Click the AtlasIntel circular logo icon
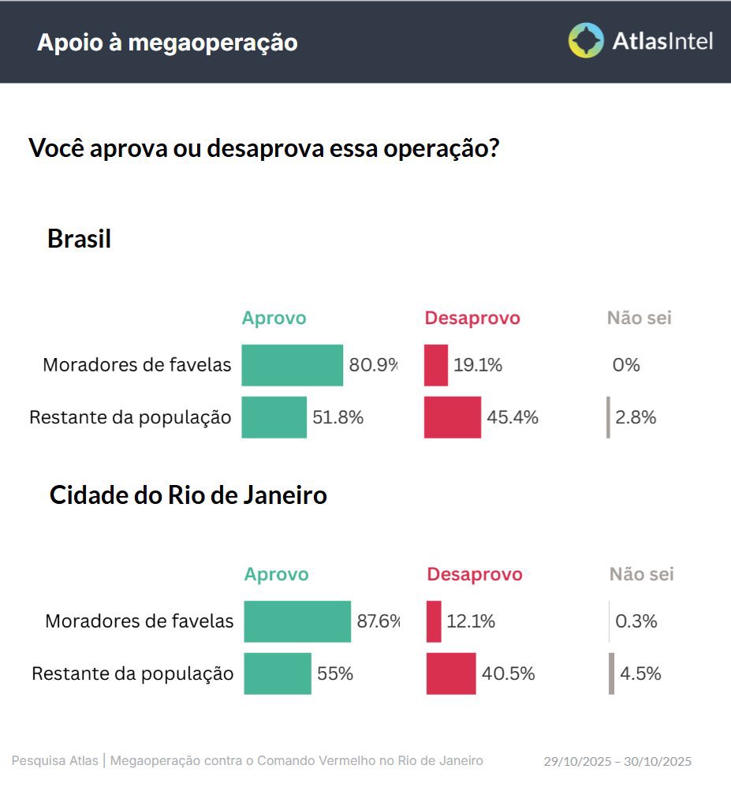(586, 40)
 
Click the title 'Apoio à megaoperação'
(167, 43)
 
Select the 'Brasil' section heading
(79, 238)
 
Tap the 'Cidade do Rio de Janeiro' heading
(188, 495)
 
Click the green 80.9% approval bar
(292, 365)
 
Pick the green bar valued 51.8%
(274, 417)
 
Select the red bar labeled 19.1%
(436, 365)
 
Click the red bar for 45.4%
(452, 417)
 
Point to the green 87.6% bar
(297, 621)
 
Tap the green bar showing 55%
(277, 673)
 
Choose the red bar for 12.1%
(434, 621)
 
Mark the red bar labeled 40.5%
(451, 673)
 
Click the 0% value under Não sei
(626, 365)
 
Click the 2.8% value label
(636, 417)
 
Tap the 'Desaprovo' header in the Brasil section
(472, 318)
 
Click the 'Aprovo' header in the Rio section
(276, 574)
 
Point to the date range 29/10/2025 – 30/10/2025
(617, 761)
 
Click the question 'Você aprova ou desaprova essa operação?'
(263, 147)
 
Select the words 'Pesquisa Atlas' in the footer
(55, 760)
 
